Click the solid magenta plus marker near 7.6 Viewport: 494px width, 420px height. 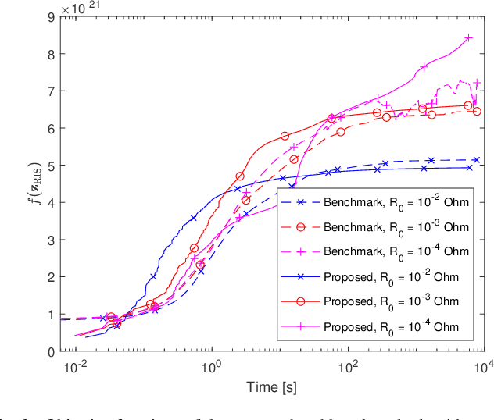pos(424,67)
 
